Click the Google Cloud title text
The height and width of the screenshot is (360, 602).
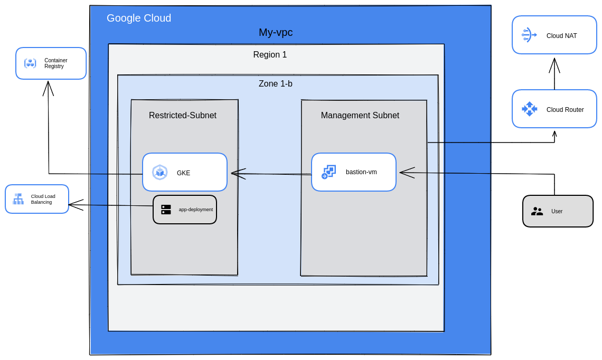139,18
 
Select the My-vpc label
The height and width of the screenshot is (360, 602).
276,32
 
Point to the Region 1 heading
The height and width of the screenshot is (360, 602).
270,55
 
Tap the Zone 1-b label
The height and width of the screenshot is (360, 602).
275,84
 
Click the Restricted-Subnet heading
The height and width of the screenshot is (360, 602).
183,116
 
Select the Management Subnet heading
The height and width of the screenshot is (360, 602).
360,116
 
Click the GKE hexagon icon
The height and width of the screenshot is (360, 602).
160,172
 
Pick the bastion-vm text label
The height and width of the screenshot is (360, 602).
361,172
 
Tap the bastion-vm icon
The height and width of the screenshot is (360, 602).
328,172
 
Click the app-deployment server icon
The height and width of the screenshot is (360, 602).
166,210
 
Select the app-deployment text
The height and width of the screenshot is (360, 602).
195,210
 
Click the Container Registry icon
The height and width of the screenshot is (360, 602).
30,63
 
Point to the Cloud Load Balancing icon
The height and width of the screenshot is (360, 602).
18,199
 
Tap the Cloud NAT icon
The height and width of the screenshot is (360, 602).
529,35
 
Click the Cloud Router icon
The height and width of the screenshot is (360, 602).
529,109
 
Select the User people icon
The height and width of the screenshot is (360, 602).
537,211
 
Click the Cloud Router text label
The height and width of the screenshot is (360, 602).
565,110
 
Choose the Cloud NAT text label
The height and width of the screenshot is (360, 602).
561,36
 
